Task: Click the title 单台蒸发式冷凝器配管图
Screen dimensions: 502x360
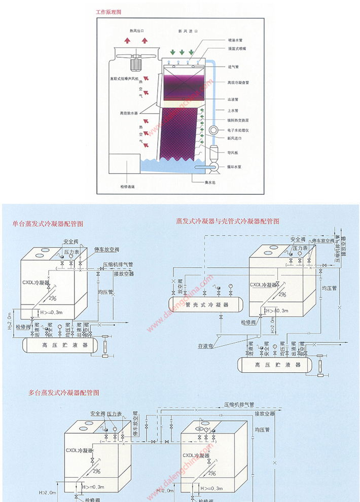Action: pos(48,223)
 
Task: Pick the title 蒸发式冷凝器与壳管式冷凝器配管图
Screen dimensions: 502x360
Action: pos(227,221)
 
